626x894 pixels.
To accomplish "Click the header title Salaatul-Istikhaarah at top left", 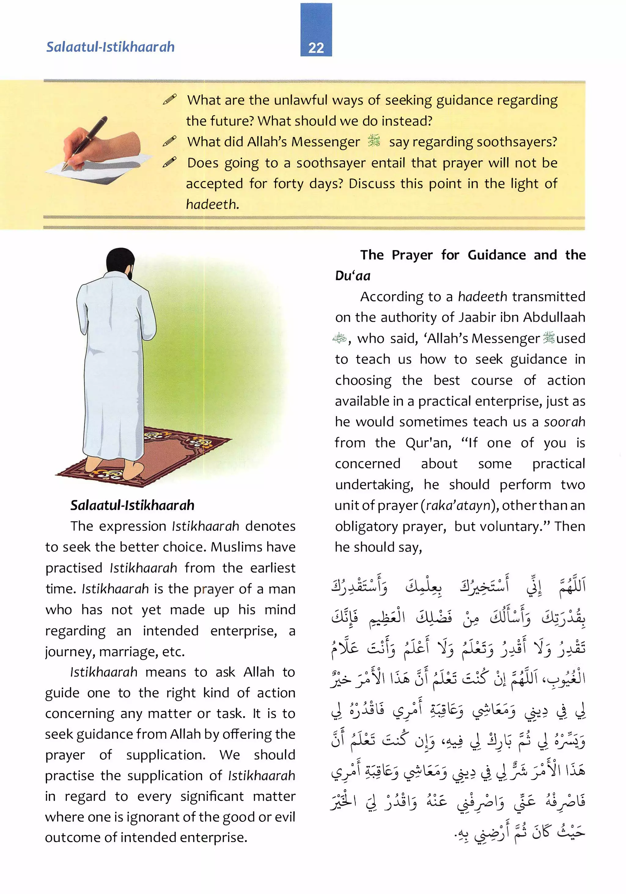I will point(110,47).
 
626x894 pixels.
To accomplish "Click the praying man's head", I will point(120,262).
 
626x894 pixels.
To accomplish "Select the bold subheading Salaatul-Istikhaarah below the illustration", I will point(132,505).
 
